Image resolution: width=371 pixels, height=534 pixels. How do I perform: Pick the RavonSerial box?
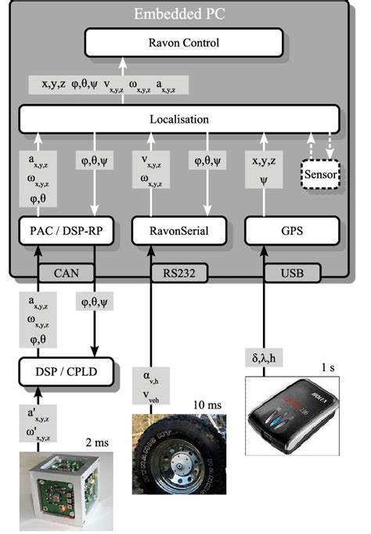coord(179,231)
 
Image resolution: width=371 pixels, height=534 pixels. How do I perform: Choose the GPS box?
coord(291,231)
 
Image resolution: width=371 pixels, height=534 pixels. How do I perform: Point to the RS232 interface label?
coord(178,273)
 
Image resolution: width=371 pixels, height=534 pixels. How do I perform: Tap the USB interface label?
coord(291,273)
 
